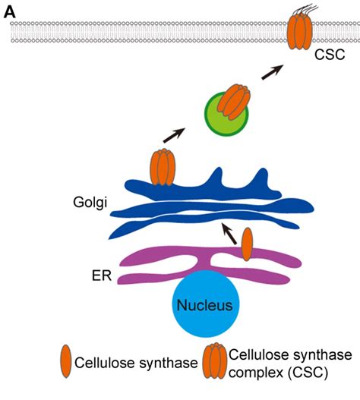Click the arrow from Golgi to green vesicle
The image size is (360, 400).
[173, 137]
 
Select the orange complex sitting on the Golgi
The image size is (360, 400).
[163, 167]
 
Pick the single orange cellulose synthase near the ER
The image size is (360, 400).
[248, 244]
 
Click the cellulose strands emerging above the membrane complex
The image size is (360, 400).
[302, 9]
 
